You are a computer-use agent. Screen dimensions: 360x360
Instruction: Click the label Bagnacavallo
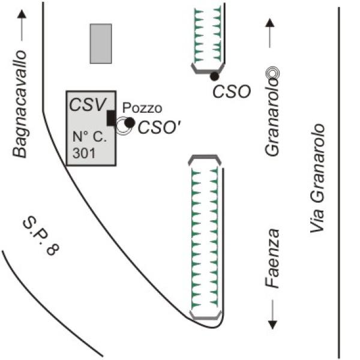coord(20,104)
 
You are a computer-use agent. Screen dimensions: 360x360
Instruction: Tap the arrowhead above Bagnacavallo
coord(22,14)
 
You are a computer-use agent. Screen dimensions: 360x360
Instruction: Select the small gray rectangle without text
coord(101,44)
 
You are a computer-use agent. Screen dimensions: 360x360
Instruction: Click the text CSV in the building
coord(88,104)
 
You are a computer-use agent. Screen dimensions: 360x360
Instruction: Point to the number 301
coord(84,153)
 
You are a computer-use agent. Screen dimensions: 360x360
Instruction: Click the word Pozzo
coord(142,107)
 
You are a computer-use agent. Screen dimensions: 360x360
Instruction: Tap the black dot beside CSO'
coord(130,123)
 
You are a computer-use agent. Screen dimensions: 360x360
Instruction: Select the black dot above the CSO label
coord(214,76)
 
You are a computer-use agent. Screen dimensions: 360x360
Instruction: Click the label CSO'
coord(160,128)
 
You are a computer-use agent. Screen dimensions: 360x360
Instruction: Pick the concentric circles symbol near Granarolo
coord(272,73)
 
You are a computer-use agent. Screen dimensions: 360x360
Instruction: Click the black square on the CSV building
coord(112,118)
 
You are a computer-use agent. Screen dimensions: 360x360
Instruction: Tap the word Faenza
coord(272,258)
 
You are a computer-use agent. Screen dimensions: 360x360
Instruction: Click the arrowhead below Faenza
coord(272,325)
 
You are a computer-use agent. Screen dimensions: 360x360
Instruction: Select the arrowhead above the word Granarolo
coord(270,23)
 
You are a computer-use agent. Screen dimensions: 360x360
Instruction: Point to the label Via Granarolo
coord(317,178)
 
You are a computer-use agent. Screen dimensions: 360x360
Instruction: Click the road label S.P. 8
coord(41,236)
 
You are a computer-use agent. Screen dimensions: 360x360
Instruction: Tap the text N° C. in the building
coord(89,137)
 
